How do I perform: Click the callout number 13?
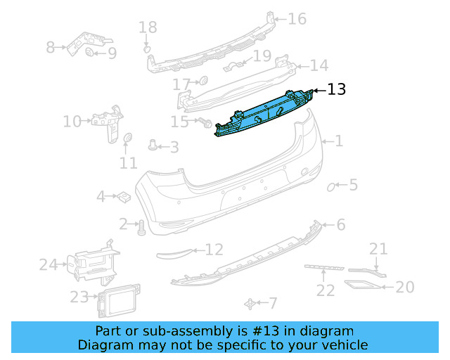click(x=337, y=89)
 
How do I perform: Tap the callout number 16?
click(x=297, y=18)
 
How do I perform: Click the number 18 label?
click(x=148, y=27)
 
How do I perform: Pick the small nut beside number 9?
click(x=90, y=52)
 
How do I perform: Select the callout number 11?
click(x=128, y=162)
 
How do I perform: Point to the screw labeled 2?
click(x=140, y=226)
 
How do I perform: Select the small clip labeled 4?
click(x=122, y=196)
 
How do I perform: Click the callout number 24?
click(x=48, y=264)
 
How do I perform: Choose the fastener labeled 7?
click(x=250, y=303)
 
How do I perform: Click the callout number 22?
click(x=325, y=290)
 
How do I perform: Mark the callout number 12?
click(x=214, y=249)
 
